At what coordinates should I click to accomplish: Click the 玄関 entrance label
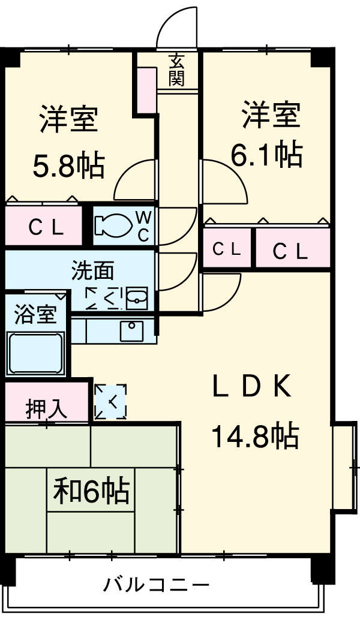click(x=176, y=70)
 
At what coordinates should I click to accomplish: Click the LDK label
click(x=252, y=388)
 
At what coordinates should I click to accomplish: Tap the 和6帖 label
click(x=91, y=491)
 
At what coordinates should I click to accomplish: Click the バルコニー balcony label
click(x=155, y=584)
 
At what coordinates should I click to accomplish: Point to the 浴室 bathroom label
click(x=35, y=314)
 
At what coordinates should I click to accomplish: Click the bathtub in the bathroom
click(x=35, y=354)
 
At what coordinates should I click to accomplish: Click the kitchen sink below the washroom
click(x=131, y=329)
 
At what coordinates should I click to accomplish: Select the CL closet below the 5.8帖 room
click(x=43, y=227)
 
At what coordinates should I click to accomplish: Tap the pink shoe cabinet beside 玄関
click(x=146, y=91)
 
